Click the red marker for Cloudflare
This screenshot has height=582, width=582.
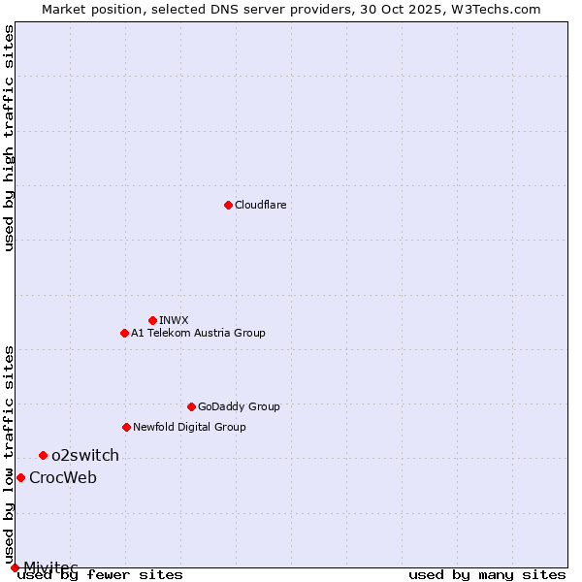click(228, 205)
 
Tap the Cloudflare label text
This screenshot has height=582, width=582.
click(261, 205)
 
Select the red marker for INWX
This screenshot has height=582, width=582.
click(152, 320)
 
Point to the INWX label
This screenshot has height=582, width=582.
click(174, 320)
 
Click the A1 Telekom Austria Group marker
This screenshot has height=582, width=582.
click(124, 333)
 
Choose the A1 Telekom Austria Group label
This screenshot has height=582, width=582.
click(198, 333)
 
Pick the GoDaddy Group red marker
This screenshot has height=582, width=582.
click(191, 406)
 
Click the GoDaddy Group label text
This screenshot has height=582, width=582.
click(239, 406)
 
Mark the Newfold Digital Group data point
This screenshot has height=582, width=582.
click(126, 427)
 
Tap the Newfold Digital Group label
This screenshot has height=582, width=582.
click(189, 427)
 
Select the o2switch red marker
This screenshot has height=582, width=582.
click(43, 455)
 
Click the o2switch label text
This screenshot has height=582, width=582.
click(85, 455)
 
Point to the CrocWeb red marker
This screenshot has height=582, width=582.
click(20, 477)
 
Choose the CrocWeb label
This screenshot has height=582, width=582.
click(63, 477)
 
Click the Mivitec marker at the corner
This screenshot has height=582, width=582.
click(15, 567)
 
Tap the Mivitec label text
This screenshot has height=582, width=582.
click(50, 566)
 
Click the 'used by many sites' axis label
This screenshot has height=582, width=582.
click(487, 574)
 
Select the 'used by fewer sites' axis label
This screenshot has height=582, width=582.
click(101, 574)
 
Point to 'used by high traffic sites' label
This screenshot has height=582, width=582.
click(10, 138)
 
